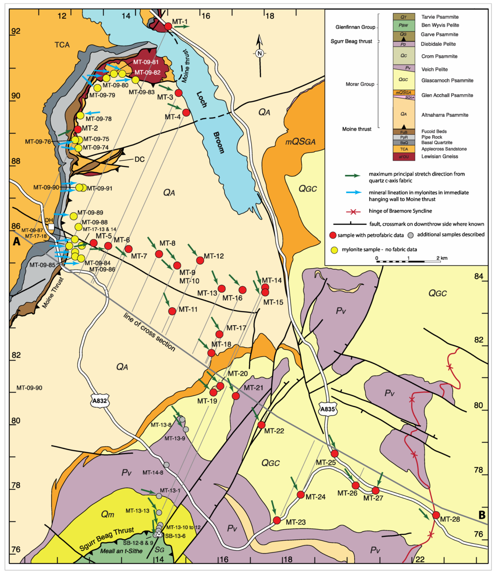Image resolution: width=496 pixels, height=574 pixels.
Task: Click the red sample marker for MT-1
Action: point(168,26)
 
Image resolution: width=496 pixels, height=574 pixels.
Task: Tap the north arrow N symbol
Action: point(259,53)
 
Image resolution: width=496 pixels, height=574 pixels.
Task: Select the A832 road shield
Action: point(100,400)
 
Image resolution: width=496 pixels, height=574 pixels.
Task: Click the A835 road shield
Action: point(327,409)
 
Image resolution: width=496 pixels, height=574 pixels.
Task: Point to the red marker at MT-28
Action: point(436,515)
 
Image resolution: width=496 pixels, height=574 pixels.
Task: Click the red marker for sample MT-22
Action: point(262,425)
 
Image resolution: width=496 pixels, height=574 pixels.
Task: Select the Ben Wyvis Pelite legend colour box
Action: point(403,25)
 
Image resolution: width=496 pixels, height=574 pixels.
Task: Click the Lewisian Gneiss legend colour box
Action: point(403,157)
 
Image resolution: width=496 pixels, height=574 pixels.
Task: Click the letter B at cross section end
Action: point(482,515)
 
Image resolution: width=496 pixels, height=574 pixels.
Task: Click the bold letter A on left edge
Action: point(16,242)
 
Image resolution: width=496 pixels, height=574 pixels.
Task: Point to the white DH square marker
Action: point(51,227)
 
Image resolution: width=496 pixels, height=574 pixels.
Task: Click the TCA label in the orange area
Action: point(62,45)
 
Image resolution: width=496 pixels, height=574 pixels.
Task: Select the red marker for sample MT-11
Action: point(172,311)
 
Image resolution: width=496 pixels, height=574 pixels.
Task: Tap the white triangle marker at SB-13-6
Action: point(159,534)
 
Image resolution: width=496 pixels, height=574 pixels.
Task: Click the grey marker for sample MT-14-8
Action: point(166,465)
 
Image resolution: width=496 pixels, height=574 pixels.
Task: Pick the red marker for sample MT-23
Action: point(277,520)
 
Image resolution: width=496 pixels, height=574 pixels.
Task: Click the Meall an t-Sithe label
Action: point(121,551)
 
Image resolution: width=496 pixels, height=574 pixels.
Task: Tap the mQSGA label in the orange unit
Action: point(300,142)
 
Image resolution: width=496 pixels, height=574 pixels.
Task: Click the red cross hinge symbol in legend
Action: point(353,211)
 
